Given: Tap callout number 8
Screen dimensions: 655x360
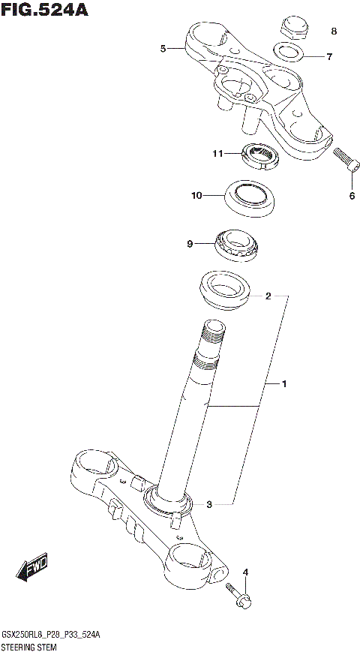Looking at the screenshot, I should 334,32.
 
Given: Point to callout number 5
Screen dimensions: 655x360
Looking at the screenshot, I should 163,49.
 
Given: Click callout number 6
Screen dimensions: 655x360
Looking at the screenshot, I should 351,197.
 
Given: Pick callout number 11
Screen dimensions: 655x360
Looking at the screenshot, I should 217,154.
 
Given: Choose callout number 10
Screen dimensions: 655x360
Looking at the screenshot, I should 196,196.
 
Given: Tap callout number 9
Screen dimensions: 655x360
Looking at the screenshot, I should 190,243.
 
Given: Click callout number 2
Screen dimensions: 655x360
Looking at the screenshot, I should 268,296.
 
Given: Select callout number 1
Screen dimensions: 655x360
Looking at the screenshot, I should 284,384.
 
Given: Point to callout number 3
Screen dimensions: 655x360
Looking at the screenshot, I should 209,503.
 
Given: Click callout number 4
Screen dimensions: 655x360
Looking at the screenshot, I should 244,572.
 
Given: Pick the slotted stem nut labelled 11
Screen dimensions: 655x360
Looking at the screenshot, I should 259,156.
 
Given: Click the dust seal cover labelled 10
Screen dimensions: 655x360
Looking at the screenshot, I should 250,197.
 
